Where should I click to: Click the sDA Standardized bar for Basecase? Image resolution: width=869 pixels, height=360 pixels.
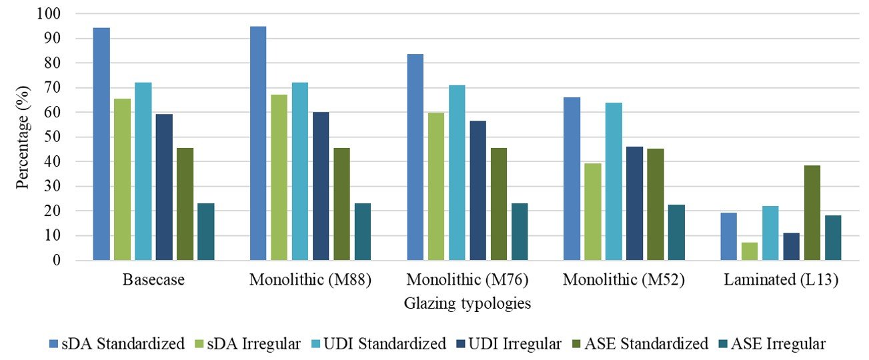point(101,144)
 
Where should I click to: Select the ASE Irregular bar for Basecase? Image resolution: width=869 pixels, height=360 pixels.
point(206,231)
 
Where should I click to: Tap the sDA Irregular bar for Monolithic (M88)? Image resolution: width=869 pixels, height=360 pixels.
point(279,177)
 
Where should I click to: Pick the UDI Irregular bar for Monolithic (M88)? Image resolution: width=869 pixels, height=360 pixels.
point(321,186)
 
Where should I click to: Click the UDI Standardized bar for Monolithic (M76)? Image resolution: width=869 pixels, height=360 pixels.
point(457,173)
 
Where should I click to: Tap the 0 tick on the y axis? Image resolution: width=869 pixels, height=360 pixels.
point(75,261)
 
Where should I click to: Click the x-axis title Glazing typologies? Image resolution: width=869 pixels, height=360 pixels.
point(468,304)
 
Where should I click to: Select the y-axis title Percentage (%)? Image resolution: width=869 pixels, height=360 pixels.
point(23,137)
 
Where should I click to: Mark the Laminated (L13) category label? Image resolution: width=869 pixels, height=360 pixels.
point(781,281)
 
